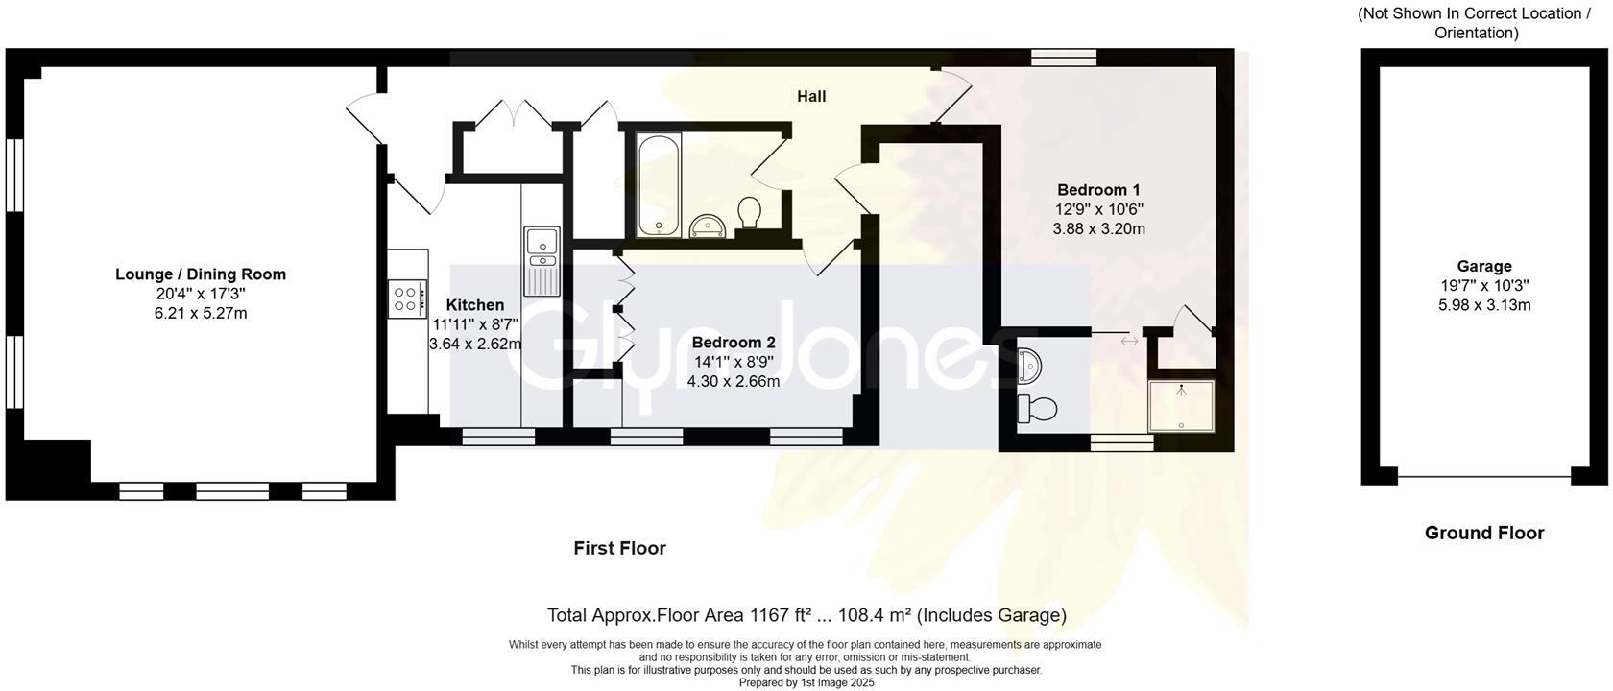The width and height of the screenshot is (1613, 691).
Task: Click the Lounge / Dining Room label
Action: [201, 274]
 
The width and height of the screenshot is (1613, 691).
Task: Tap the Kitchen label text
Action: [474, 305]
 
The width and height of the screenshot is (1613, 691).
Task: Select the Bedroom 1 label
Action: [1098, 190]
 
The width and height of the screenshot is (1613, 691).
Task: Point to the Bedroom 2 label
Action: [733, 343]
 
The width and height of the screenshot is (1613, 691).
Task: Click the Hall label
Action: [811, 96]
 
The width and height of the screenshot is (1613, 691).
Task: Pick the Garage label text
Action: [1483, 267]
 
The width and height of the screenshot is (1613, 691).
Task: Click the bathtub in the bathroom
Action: [659, 184]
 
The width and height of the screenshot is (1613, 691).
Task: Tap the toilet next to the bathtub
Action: [749, 212]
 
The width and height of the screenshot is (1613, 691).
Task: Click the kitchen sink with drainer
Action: [542, 260]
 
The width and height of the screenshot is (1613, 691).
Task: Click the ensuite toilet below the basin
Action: [1037, 409]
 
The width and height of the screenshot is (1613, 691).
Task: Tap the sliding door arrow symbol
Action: [1129, 341]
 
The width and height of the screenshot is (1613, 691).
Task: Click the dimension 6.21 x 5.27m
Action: [201, 314]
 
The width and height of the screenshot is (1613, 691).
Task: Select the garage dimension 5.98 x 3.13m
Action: [1483, 305]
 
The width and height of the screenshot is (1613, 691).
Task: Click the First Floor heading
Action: [619, 548]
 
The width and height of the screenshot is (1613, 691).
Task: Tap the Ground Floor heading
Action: [1483, 533]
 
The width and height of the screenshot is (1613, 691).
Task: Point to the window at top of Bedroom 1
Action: [1064, 58]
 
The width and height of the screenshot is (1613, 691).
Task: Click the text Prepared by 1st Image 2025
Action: [806, 683]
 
